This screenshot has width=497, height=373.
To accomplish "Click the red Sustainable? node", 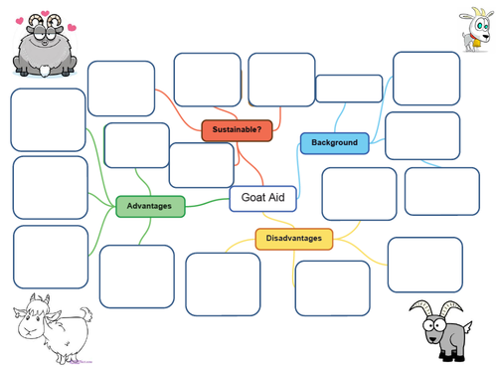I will point(237,129).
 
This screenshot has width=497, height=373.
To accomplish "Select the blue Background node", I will point(334,143).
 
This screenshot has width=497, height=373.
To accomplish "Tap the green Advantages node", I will point(150,207).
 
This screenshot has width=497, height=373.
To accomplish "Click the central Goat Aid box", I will point(263,198).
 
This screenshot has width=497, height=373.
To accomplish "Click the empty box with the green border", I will point(136,145).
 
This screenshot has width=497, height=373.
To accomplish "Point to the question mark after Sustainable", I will point(258,129).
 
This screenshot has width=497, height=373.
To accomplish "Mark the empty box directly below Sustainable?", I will point(201,165).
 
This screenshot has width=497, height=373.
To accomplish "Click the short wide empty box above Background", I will point(348,89).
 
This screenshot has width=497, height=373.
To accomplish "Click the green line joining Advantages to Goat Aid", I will point(207,204).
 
